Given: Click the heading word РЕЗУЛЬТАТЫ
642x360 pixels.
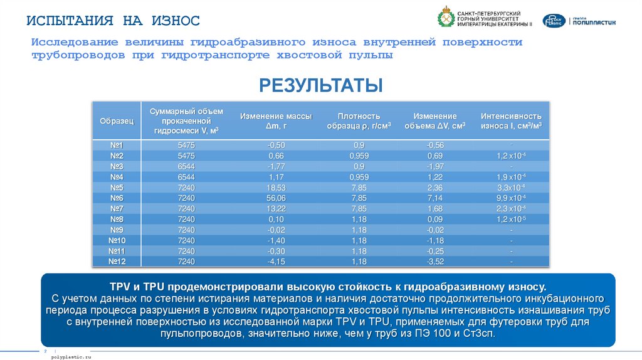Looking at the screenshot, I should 320,85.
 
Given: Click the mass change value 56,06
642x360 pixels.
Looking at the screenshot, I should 276,198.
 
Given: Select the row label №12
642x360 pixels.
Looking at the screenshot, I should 117,262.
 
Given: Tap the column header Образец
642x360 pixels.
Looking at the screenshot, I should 117,120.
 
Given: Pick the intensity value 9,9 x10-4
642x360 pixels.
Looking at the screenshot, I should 511,198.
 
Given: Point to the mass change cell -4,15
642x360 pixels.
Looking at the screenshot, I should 276,262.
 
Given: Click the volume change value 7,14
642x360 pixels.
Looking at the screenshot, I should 434,198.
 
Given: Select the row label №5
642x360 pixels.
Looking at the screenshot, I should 117,188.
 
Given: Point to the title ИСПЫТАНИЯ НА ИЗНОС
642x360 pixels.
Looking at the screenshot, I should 113,21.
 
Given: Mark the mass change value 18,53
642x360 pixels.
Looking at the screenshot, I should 276,188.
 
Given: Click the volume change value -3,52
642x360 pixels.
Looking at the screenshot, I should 434,262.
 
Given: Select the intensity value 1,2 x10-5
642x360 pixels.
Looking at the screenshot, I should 511,220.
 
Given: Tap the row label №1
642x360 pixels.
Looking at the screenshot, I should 117,146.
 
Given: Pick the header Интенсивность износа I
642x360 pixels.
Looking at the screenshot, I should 511,120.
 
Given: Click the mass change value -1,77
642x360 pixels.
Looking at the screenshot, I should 276,167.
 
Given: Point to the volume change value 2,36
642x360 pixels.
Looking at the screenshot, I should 434,188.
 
